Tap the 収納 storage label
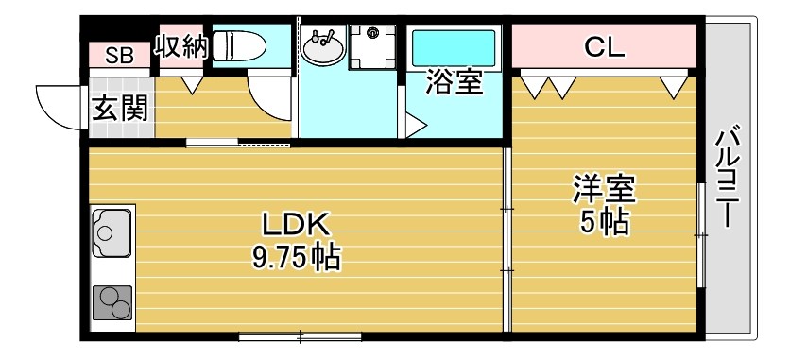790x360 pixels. [x=180, y=47]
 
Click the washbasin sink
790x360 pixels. [x=325, y=47]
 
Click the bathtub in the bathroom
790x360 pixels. [x=455, y=47]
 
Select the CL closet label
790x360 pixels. [x=605, y=47]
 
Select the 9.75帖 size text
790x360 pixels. [x=296, y=256]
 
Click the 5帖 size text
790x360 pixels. [x=604, y=223]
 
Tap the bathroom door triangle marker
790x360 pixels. [x=416, y=124]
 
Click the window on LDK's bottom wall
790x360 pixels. [x=300, y=336]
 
